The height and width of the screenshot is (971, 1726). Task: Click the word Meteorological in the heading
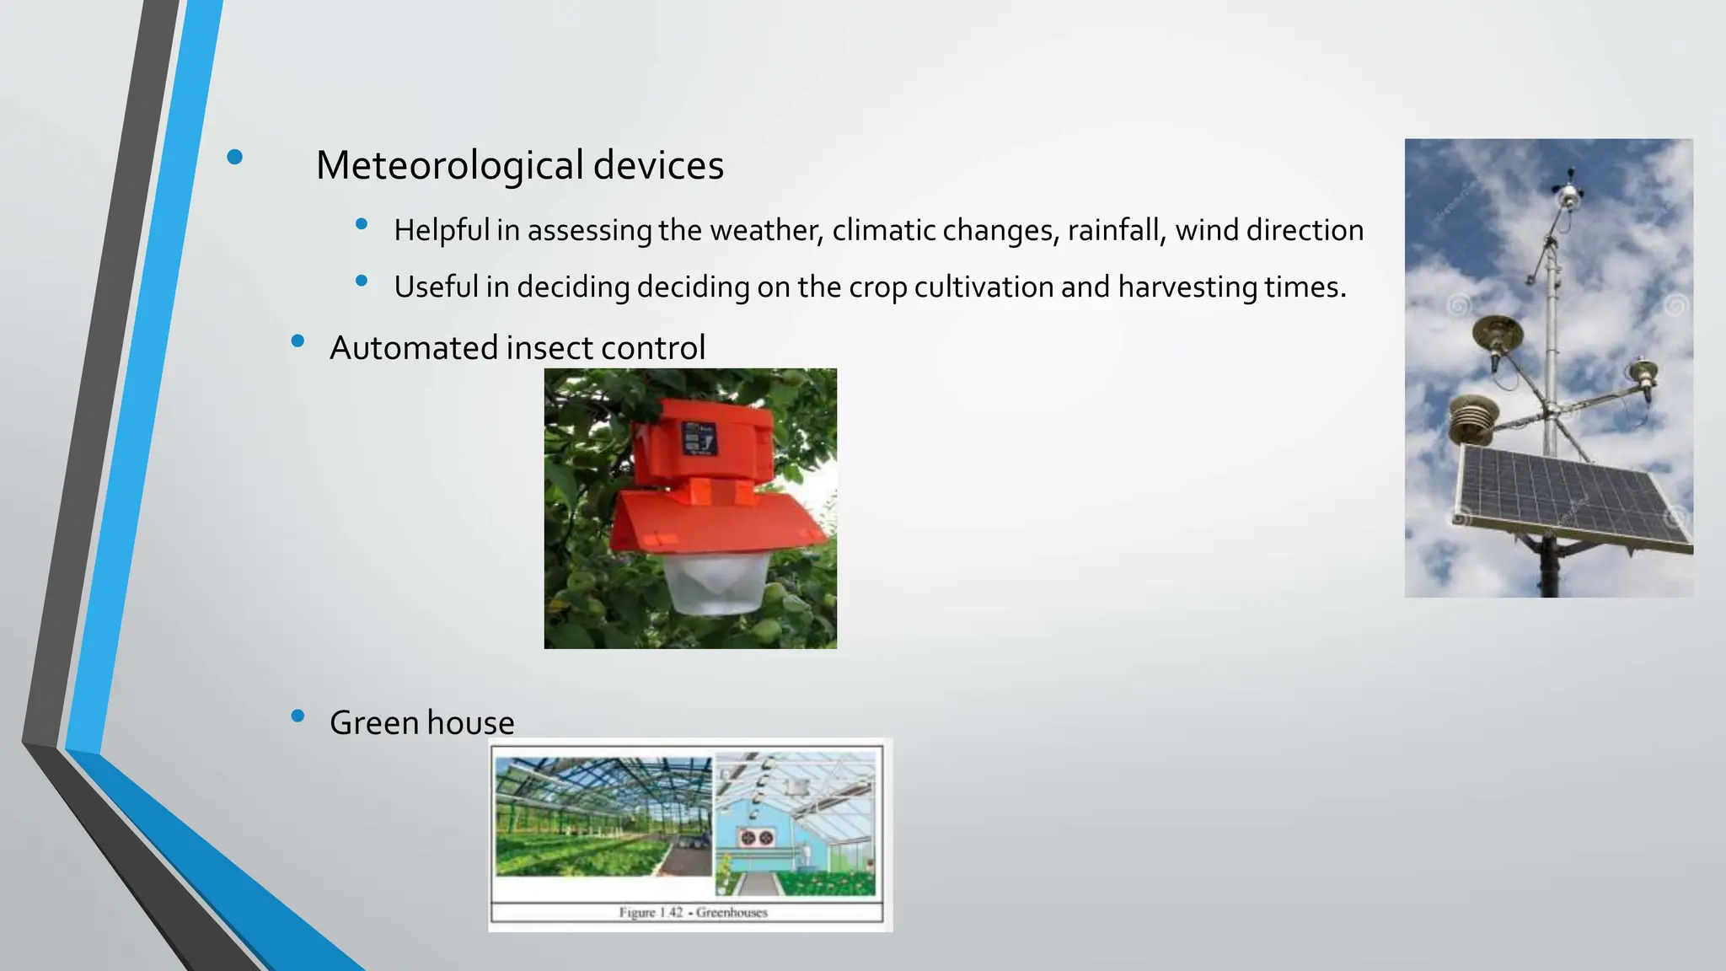pyautogui.click(x=449, y=165)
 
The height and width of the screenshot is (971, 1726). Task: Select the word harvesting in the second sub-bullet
pyautogui.click(x=1187, y=287)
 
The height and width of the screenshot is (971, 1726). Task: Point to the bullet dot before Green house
pyautogui.click(x=297, y=716)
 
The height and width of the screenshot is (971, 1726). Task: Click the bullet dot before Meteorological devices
pyautogui.click(x=234, y=157)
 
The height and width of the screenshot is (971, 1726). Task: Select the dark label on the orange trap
pyautogui.click(x=700, y=438)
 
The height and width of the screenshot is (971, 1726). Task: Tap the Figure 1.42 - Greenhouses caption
pyautogui.click(x=693, y=912)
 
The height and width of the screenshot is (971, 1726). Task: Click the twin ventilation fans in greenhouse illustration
pyautogui.click(x=756, y=837)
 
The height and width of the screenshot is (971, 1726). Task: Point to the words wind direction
pyautogui.click(x=1269, y=230)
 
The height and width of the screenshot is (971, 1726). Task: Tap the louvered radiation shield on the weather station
pyautogui.click(x=1471, y=420)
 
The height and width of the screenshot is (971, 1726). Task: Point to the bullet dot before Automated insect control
pyautogui.click(x=297, y=341)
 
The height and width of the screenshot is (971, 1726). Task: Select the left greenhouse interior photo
pyautogui.click(x=603, y=816)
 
